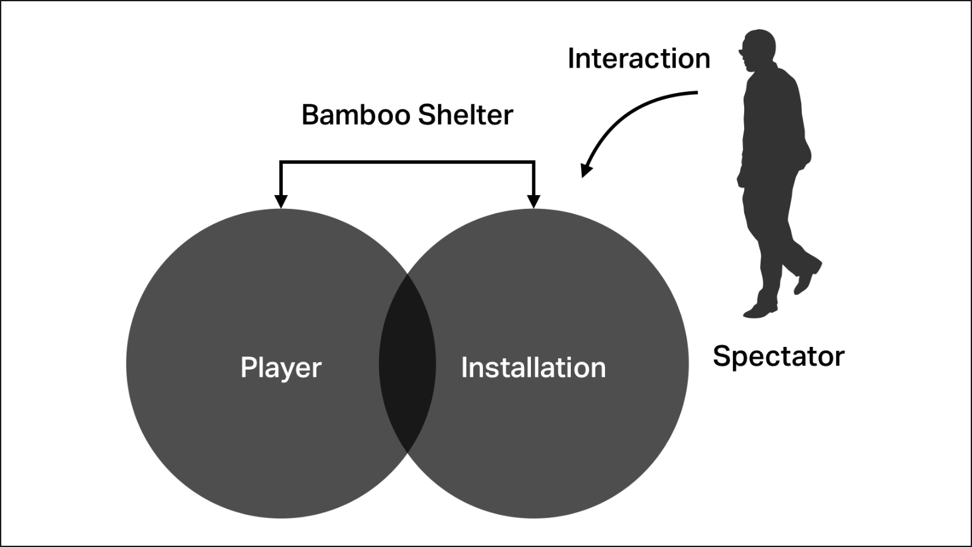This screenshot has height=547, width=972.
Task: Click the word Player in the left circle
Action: click(281, 368)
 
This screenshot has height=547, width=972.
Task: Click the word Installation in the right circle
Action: click(533, 368)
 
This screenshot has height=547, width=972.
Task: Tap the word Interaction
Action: click(639, 58)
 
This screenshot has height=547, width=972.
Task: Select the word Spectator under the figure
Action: click(778, 357)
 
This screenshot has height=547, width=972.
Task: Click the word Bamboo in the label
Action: click(356, 115)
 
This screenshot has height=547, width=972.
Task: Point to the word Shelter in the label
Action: click(466, 115)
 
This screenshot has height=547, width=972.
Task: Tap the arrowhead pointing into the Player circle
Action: click(281, 202)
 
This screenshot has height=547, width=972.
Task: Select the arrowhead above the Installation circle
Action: click(533, 202)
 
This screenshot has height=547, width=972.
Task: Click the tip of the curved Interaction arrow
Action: click(582, 177)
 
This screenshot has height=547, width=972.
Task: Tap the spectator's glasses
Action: click(742, 53)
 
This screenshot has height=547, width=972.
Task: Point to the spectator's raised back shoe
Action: click(807, 278)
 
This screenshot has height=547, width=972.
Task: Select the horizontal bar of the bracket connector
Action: click(407, 162)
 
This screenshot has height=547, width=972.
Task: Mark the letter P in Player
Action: click(249, 367)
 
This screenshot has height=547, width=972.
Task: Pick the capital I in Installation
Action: click(464, 367)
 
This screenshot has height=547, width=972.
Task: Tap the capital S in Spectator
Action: click(722, 356)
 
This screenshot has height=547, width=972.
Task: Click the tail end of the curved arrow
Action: click(697, 92)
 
